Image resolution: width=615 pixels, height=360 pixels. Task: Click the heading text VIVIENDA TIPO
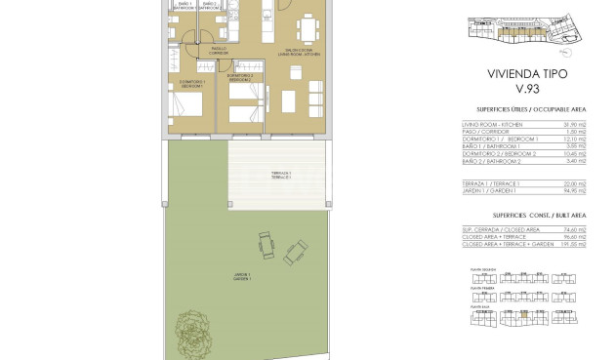[526, 73]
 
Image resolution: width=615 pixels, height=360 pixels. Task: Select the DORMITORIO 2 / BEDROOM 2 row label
[499, 153]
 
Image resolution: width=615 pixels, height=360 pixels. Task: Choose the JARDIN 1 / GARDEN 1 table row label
[484, 189]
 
